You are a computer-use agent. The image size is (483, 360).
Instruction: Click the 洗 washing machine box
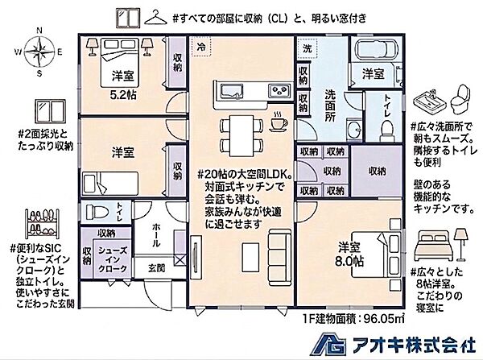point(307,48)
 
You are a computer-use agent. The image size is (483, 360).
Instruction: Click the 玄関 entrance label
point(155,268)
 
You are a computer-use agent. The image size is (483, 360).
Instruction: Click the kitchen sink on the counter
point(227,88)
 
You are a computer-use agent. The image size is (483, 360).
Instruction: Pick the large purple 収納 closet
point(376,171)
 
